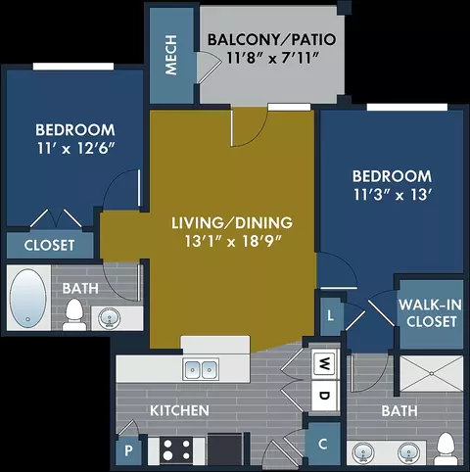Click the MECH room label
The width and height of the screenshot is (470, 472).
pyautogui.click(x=171, y=55)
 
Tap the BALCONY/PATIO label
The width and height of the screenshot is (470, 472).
pyautogui.click(x=272, y=39)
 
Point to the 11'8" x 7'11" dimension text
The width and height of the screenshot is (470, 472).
pyautogui.click(x=272, y=58)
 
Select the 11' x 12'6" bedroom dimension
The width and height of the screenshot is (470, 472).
pyautogui.click(x=75, y=148)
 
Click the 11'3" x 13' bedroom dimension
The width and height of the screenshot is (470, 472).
pyautogui.click(x=393, y=195)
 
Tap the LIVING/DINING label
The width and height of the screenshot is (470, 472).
pyautogui.click(x=232, y=223)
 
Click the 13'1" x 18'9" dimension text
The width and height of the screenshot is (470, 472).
pyautogui.click(x=233, y=242)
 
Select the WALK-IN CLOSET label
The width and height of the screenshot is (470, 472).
pyautogui.click(x=431, y=313)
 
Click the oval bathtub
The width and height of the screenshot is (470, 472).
pyautogui.click(x=27, y=298)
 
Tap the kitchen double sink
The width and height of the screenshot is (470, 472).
pyautogui.click(x=201, y=369)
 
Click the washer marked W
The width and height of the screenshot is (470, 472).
pyautogui.click(x=324, y=363)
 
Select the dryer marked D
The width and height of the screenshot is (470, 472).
pyautogui.click(x=324, y=396)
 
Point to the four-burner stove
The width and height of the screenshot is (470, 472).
pyautogui.click(x=177, y=449)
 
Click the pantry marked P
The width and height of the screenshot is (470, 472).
pyautogui.click(x=128, y=451)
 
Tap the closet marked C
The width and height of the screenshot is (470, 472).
pyautogui.click(x=323, y=444)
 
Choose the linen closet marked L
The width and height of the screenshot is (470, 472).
pyautogui.click(x=331, y=315)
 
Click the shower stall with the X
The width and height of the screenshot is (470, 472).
pyautogui.click(x=432, y=373)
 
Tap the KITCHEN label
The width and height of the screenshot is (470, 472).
pyautogui.click(x=179, y=410)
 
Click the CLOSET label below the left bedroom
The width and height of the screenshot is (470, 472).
pyautogui.click(x=49, y=246)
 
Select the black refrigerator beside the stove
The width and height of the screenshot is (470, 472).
pyautogui.click(x=225, y=448)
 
